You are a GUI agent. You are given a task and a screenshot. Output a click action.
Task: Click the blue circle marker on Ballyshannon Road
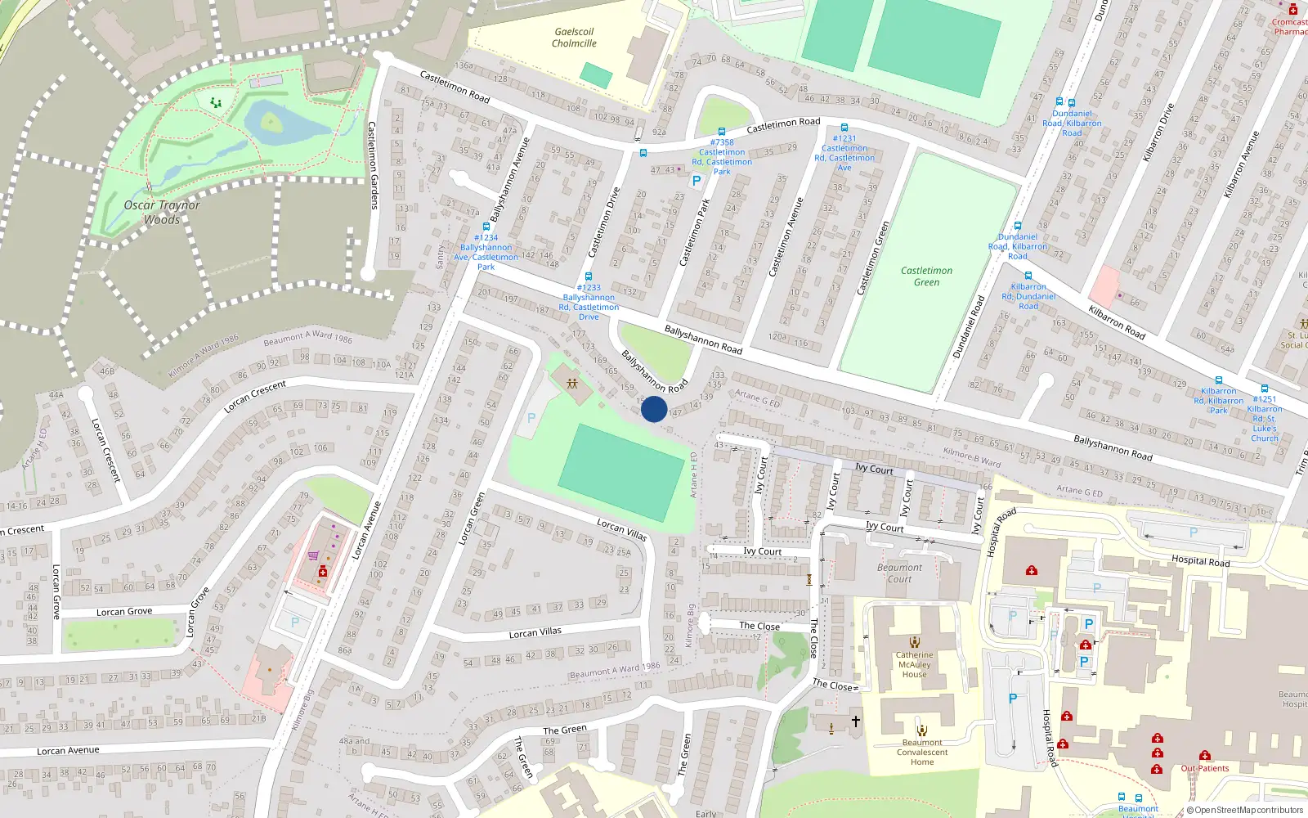654,409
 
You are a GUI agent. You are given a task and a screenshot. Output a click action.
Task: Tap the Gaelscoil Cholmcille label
574,38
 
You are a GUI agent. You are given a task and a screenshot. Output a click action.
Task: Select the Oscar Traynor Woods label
162,212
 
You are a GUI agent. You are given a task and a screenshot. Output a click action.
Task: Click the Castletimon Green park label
926,276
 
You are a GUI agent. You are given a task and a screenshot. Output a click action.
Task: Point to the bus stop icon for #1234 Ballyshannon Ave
486,227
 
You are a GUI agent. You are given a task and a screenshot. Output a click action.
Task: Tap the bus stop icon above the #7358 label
722,131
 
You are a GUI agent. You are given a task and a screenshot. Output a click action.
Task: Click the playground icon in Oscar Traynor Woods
216,103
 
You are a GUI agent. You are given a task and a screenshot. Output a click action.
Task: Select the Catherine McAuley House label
914,664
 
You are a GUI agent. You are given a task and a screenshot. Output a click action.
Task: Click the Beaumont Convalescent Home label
922,753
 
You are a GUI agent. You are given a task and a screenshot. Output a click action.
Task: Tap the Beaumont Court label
899,573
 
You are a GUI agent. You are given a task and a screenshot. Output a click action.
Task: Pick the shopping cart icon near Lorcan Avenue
313,555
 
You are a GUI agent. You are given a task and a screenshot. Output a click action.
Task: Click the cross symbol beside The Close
856,721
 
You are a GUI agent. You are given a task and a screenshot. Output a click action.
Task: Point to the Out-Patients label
1204,768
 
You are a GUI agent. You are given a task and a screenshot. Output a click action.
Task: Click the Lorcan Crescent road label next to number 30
105,450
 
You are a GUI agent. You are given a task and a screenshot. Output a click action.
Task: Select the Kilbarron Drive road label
1158,132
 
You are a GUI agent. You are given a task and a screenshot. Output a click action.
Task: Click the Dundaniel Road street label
969,327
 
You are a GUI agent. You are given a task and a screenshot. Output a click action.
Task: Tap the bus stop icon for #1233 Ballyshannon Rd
589,276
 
